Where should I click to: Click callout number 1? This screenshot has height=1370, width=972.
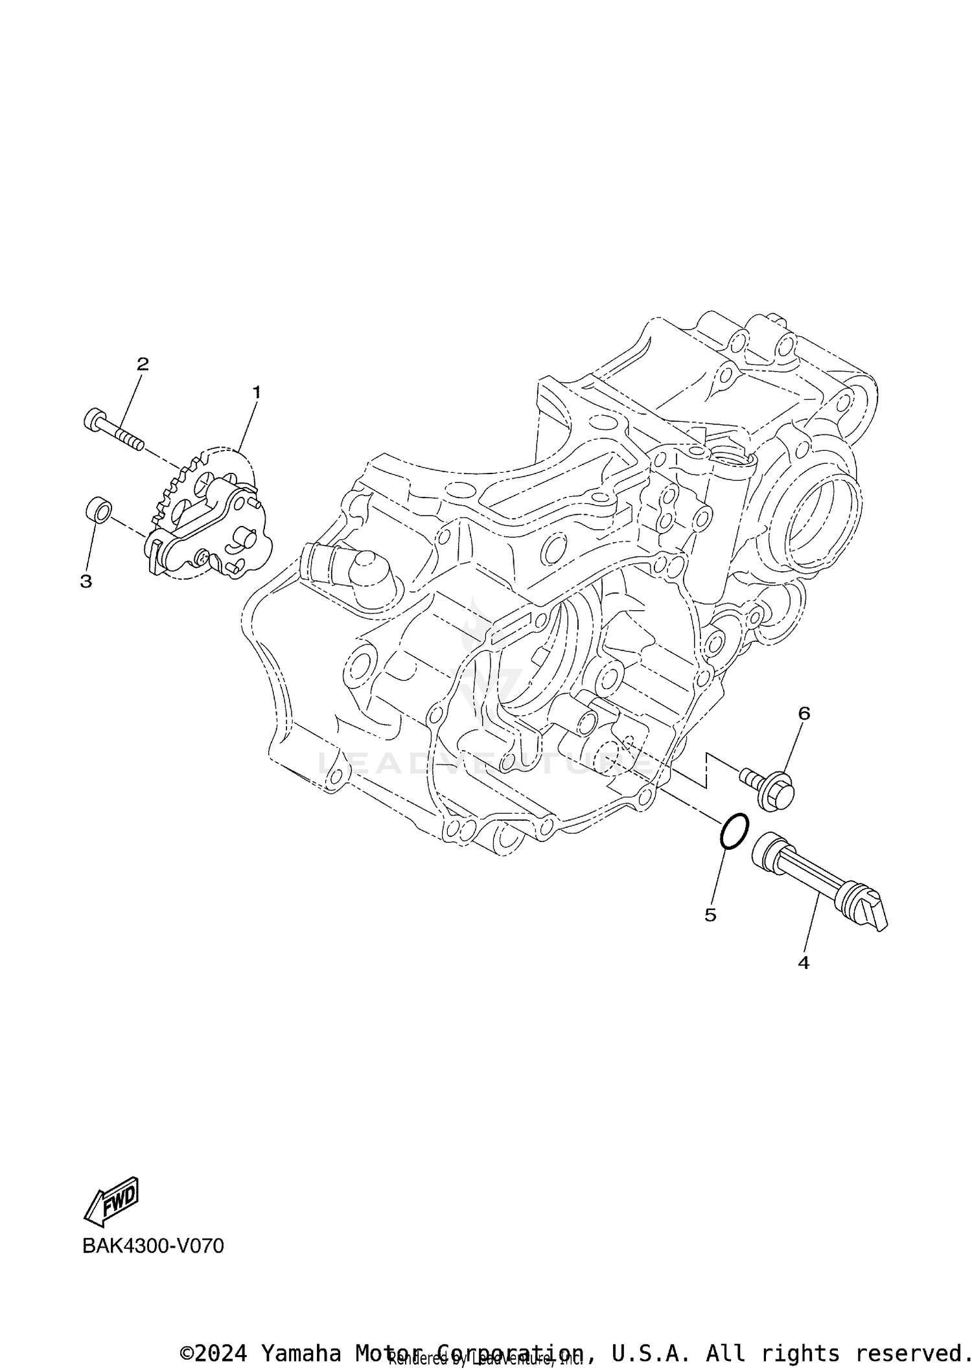click(257, 392)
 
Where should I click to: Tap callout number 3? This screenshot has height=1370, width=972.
click(86, 581)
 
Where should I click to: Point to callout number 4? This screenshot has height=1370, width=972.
click(804, 963)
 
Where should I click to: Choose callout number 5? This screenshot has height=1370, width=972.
click(710, 915)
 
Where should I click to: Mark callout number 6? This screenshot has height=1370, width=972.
click(804, 713)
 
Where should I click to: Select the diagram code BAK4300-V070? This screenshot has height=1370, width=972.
click(153, 1246)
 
